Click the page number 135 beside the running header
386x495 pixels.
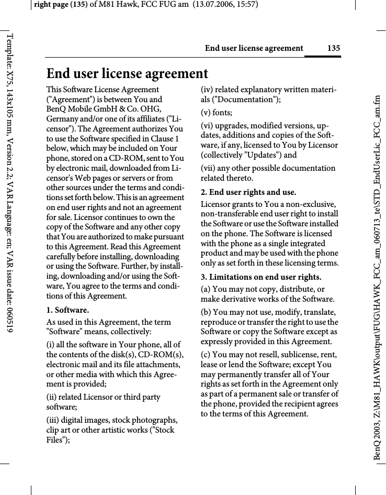click(x=333, y=48)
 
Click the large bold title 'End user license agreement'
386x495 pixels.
click(x=127, y=73)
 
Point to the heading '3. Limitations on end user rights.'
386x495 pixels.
click(x=262, y=277)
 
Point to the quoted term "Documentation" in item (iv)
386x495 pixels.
click(x=245, y=100)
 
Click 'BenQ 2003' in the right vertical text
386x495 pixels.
click(x=377, y=442)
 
